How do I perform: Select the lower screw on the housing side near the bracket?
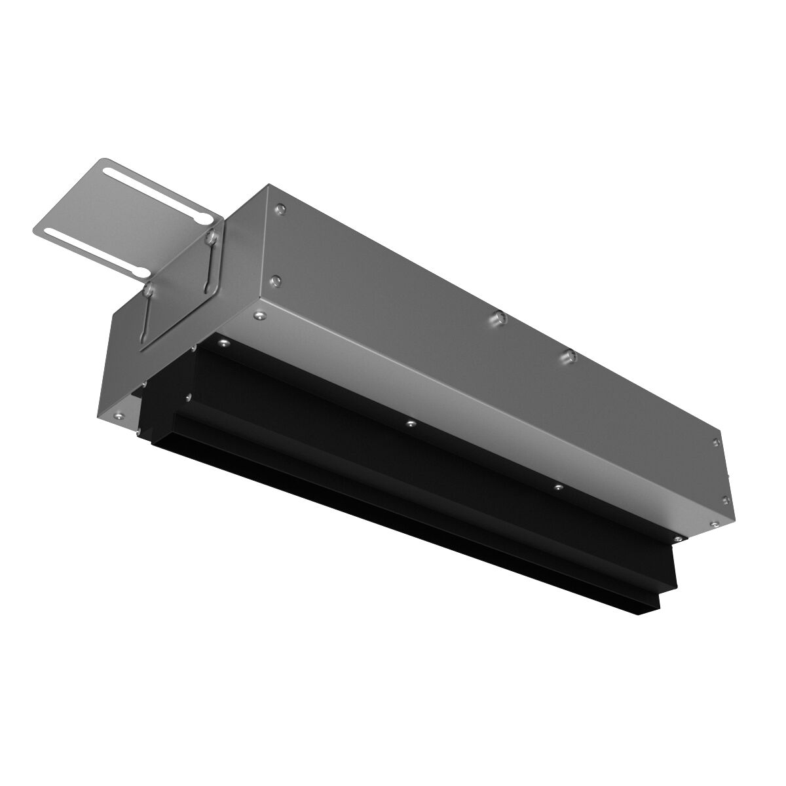coord(275,281)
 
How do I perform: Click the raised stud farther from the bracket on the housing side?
coord(569,355)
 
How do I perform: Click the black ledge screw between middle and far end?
coord(557,487)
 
